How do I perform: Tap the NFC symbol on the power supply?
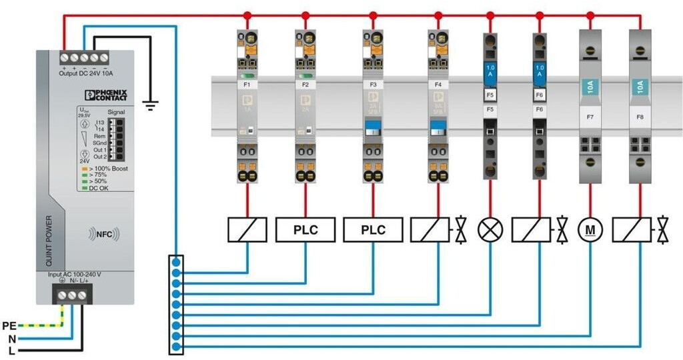pos(103,234)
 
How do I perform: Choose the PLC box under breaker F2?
pos(305,230)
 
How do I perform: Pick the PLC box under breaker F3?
pos(374,230)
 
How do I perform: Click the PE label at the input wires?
pos(9,326)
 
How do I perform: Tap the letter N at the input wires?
pos(11,338)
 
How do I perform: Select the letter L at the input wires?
pos(11,350)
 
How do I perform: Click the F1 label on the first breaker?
pos(247,85)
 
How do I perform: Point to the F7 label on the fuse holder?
pos(590,117)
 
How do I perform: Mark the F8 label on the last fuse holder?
pos(640,117)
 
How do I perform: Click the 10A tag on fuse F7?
pos(590,87)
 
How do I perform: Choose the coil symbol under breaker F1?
pos(247,230)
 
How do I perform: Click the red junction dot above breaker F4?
pos(438,15)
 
